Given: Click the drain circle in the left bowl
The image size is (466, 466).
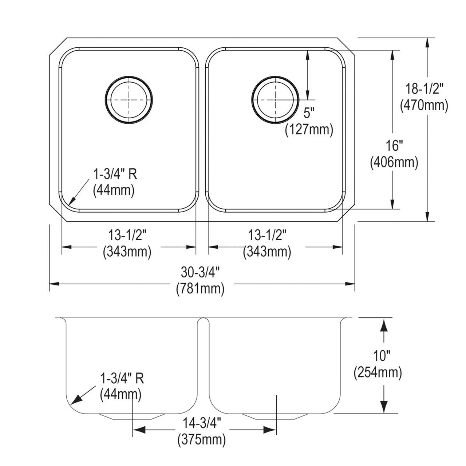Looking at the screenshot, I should (129, 99).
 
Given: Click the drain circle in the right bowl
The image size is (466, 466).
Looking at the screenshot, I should (275, 99).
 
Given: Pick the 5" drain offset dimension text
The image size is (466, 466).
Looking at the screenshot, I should (308, 114).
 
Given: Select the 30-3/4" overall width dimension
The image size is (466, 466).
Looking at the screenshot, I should (200, 272).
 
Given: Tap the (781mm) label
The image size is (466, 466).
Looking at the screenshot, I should (200, 289).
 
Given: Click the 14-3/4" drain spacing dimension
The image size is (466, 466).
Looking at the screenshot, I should (201, 423).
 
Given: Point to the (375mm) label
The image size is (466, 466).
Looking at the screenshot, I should (201, 440).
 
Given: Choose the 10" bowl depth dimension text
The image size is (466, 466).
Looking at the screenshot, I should (378, 355).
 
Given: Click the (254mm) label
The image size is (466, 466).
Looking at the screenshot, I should (378, 372).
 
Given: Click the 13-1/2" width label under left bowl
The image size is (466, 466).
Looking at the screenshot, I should (127, 235).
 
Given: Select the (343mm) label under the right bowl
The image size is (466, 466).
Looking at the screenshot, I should (267, 252).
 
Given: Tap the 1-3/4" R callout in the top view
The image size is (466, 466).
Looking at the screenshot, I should (115, 175).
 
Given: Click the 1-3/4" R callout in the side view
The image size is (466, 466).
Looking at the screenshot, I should (122, 379).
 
